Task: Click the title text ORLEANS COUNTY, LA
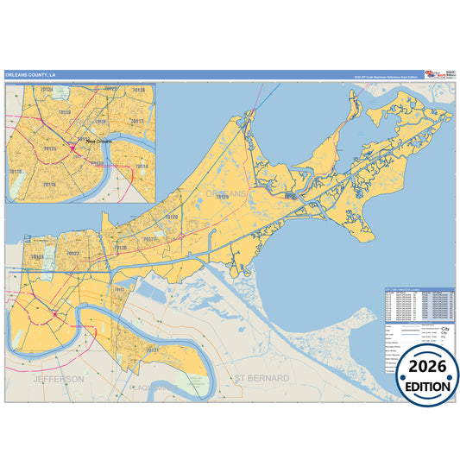click(x=30, y=74)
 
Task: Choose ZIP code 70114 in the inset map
click(x=141, y=166)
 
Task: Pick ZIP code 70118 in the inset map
click(x=16, y=172)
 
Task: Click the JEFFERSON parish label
click(x=59, y=378)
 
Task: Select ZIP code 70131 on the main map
click(x=153, y=350)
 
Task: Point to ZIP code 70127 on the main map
click(x=149, y=238)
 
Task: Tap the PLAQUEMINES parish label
click(x=155, y=388)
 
